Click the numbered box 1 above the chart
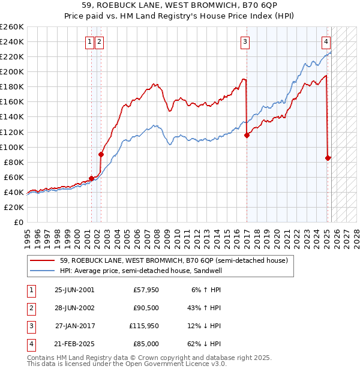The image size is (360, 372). pos(89,41)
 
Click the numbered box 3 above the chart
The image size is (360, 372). pos(245,41)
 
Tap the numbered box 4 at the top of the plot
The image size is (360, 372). pos(325,41)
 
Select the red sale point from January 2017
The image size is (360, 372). pos(247,135)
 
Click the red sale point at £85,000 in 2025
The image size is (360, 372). pos(328,158)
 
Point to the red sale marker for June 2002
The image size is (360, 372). pos(101,154)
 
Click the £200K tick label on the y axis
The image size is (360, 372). pos(12,71)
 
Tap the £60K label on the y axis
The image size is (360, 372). pos(14,177)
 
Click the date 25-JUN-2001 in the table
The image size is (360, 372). pos(74,290)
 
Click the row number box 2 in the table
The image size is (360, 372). pos(30,308)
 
